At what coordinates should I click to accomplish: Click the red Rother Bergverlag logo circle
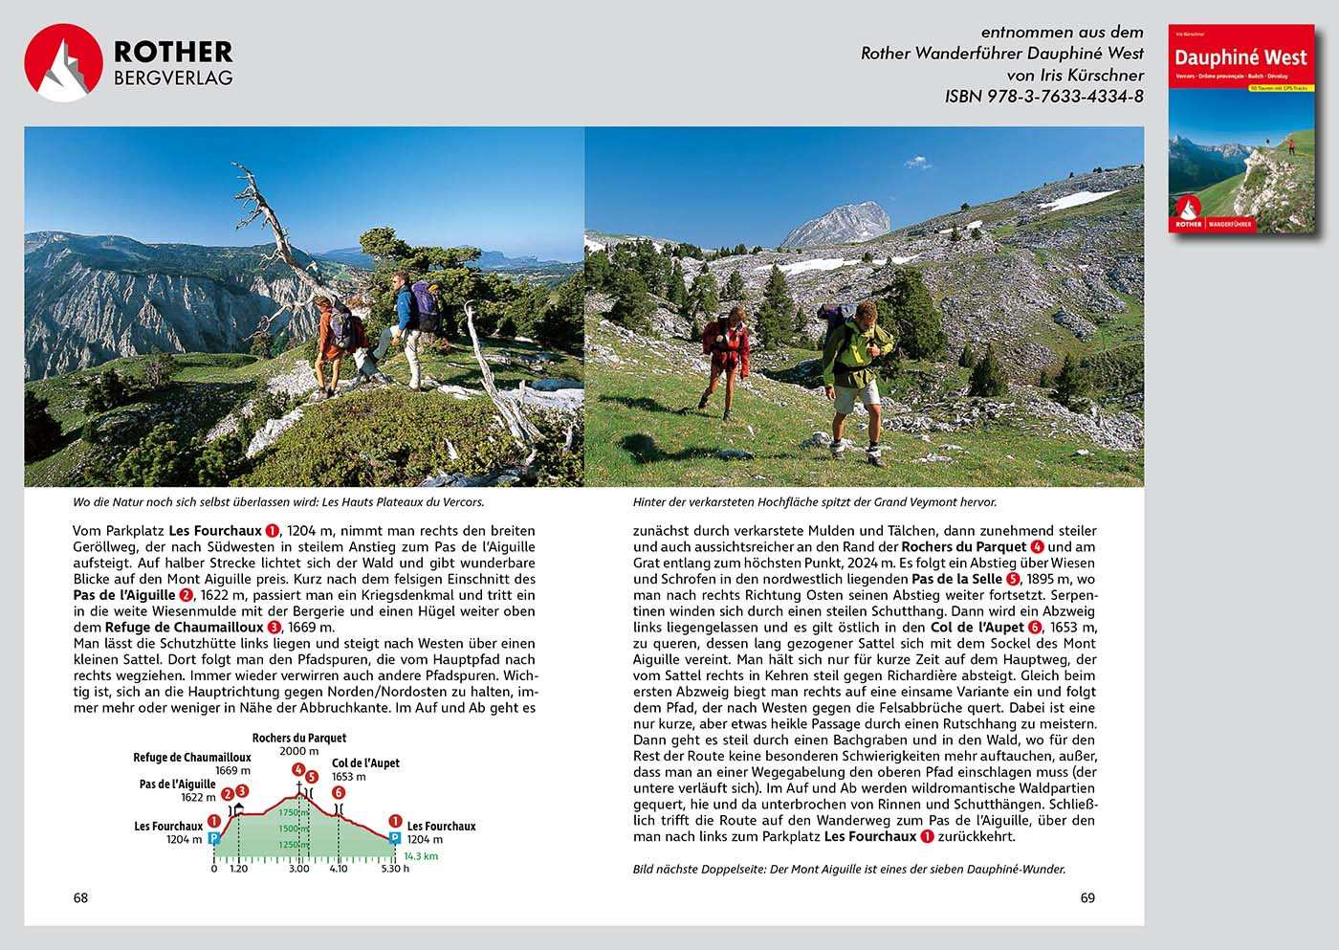63,63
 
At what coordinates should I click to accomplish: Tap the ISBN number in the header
1043,96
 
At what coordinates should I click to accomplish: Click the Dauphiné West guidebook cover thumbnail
1240,129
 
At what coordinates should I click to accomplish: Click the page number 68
80,897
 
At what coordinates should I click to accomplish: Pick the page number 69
1087,897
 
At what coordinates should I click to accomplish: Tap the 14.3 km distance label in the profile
421,856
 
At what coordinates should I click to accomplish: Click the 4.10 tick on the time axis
339,869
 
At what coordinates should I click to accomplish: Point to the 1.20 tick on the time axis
238,869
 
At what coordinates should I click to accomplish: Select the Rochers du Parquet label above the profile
299,738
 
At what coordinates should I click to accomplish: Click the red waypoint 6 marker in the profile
338,792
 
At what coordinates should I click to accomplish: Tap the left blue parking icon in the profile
214,838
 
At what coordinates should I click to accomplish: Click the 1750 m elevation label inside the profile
292,812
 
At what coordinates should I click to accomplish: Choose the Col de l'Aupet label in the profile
365,762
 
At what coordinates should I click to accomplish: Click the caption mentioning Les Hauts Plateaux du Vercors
278,501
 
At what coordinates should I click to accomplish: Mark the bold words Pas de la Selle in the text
956,579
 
